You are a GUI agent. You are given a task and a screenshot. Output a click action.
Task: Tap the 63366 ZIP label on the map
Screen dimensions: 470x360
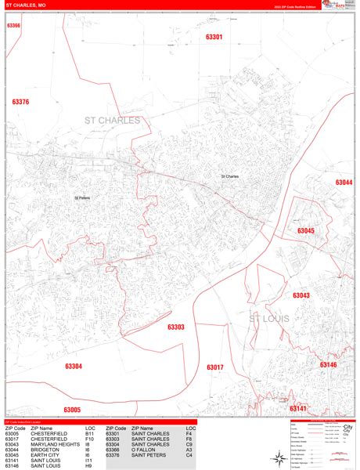(x=13, y=25)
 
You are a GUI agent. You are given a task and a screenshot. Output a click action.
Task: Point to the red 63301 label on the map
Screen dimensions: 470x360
(x=214, y=37)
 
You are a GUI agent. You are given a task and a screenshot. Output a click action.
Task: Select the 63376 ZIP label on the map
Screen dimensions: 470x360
(x=20, y=102)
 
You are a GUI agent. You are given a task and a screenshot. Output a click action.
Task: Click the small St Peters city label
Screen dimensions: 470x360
(x=83, y=198)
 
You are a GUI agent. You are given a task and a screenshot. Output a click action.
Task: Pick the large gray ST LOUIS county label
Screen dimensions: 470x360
(x=269, y=320)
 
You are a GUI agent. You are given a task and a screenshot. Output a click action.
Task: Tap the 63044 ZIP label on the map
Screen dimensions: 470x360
(x=344, y=183)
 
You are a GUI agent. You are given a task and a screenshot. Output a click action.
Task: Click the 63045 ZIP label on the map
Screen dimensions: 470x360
(x=305, y=231)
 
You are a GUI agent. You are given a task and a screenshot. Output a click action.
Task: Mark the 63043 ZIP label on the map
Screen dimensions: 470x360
(x=301, y=295)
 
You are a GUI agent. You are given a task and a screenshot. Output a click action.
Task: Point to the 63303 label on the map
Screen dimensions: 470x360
(x=176, y=327)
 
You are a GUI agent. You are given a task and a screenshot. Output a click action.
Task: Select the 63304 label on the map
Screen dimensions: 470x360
(x=74, y=366)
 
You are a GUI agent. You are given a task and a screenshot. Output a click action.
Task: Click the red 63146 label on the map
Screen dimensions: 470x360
(x=328, y=364)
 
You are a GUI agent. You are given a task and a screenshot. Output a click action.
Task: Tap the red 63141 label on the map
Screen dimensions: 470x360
(x=298, y=408)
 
